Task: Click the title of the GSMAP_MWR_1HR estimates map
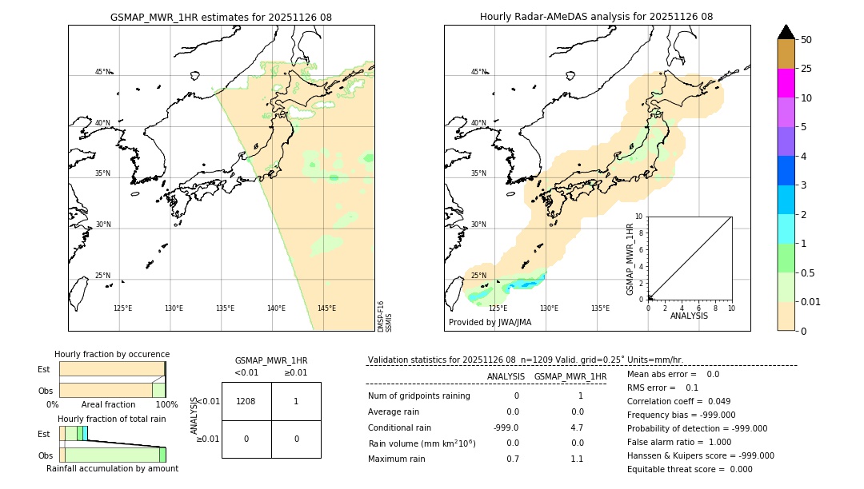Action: pos(221,17)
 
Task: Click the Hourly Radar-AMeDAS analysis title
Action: pos(596,17)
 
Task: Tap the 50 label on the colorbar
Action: pos(806,39)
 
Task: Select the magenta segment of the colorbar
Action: pos(786,83)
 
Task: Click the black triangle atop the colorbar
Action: pos(786,32)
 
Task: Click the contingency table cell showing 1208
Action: pos(246,401)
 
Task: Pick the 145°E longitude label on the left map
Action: pos(326,308)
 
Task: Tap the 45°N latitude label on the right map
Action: pos(478,72)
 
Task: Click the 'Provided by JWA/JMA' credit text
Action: pos(490,323)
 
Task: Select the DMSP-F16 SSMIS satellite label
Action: pos(384,316)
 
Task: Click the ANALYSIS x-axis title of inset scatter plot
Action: pos(690,316)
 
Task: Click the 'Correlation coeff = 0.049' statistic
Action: pos(678,401)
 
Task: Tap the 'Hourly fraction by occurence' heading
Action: pos(112,355)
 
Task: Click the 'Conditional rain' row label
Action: pos(400,427)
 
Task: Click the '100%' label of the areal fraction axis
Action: pos(166,405)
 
